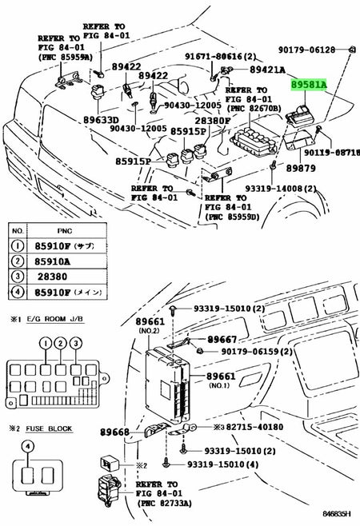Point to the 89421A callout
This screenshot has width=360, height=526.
[x=267, y=70]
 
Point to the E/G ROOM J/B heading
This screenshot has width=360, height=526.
[x=44, y=321]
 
